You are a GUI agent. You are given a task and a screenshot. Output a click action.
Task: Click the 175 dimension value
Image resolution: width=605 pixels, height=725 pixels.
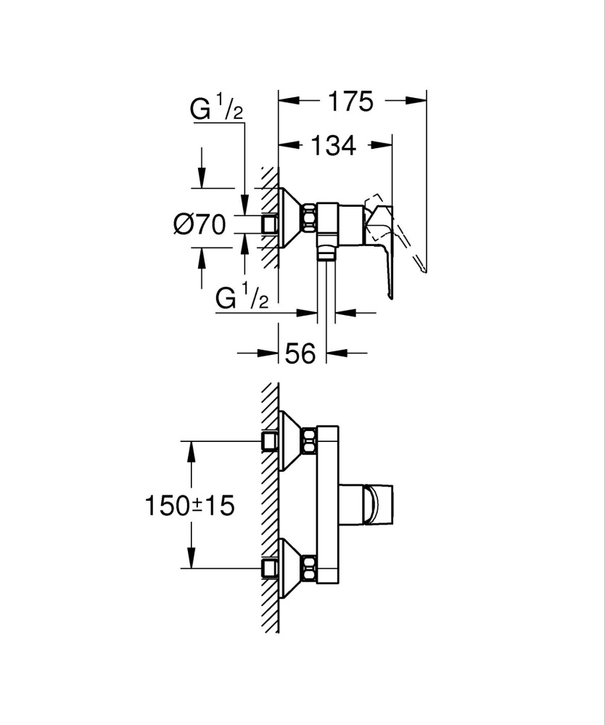[348, 101]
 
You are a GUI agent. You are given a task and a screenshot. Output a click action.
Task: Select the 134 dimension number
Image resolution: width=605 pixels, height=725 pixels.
[334, 145]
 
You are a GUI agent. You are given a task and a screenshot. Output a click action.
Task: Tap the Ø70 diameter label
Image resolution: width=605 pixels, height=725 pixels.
[199, 225]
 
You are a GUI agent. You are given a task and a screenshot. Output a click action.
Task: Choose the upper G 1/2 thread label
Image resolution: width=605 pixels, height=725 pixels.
[216, 110]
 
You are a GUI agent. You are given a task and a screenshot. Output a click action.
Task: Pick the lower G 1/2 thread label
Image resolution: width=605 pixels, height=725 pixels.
[242, 298]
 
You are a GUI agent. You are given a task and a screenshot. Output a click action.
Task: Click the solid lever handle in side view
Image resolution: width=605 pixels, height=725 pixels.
[385, 254]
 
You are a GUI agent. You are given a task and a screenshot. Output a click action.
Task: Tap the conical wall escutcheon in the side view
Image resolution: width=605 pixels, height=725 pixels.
[290, 217]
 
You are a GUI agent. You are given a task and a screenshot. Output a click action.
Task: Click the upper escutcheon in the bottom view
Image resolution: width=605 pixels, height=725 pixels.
[292, 441]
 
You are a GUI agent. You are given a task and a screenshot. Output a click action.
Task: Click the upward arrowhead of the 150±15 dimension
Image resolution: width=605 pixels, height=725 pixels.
[191, 450]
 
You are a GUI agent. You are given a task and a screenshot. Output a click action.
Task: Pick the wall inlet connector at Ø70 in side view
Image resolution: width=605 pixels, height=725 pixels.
[271, 224]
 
